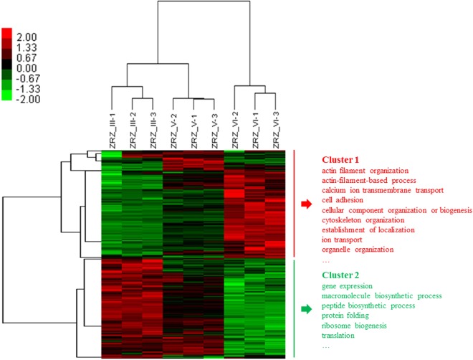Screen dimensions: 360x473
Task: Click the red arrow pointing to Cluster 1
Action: pyautogui.click(x=306, y=205)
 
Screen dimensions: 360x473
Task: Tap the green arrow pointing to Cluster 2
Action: pyautogui.click(x=306, y=310)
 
